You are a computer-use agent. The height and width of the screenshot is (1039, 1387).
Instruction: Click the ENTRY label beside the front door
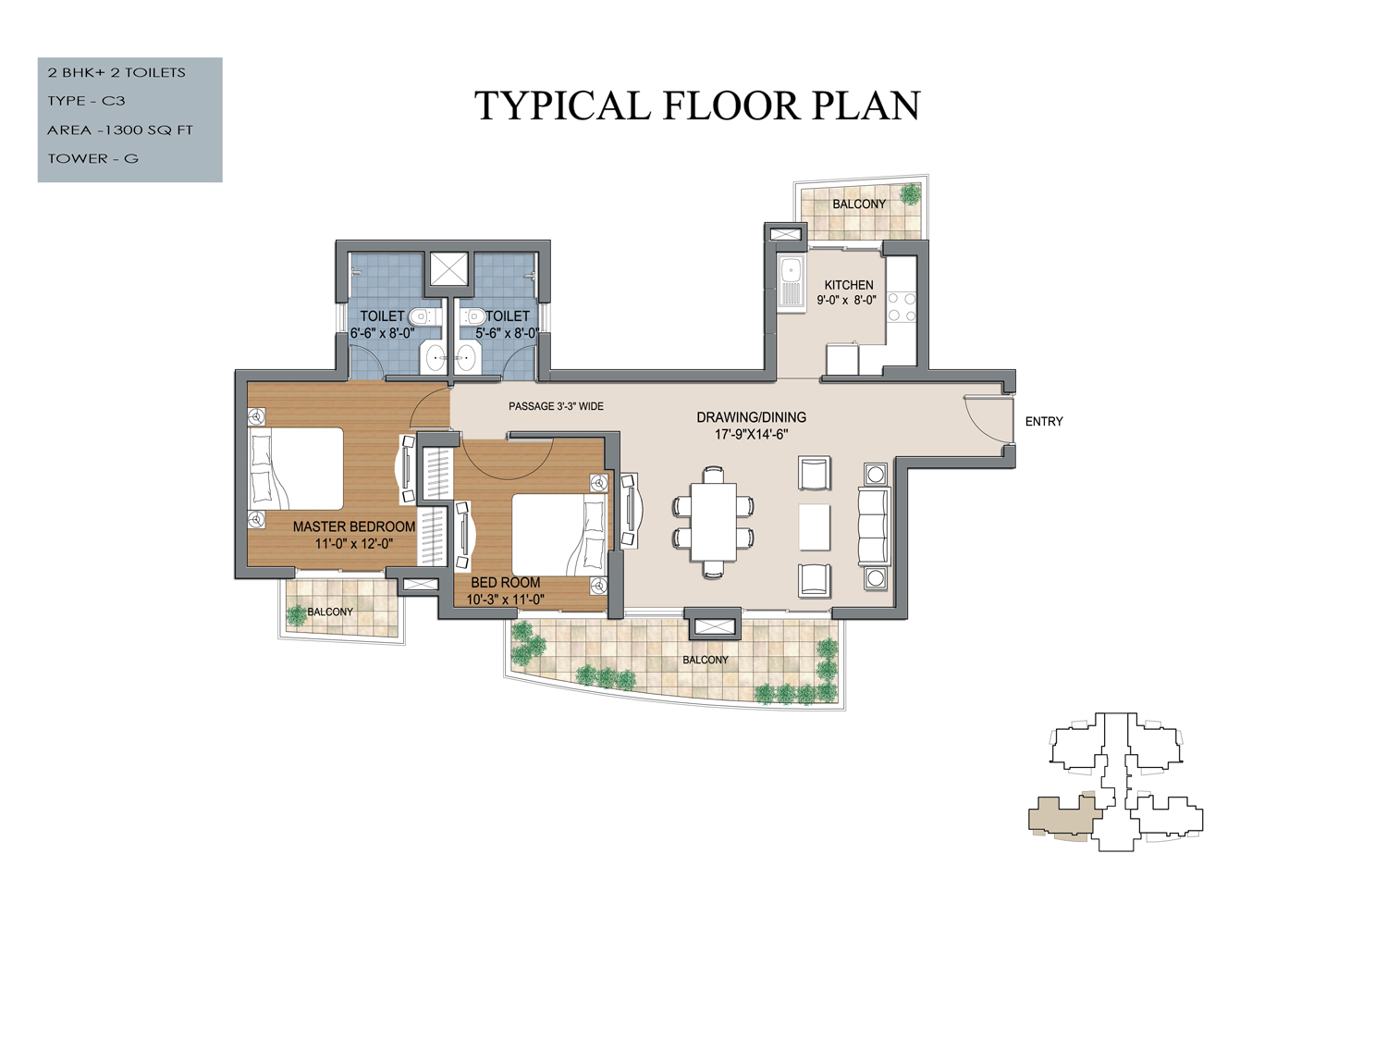click(x=1044, y=421)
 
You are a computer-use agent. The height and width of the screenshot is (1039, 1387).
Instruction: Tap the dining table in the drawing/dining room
click(x=714, y=522)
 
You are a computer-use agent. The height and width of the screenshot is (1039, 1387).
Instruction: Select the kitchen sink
click(x=792, y=283)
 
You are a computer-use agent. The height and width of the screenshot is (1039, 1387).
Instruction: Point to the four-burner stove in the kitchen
click(x=902, y=306)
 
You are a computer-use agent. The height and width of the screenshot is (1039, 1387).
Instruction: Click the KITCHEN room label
click(x=849, y=285)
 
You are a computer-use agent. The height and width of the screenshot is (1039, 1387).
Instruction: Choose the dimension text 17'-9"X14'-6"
click(x=752, y=434)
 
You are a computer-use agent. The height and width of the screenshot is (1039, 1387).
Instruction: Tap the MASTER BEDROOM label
click(x=354, y=526)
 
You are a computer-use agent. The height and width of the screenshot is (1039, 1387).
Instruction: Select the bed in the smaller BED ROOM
click(x=558, y=535)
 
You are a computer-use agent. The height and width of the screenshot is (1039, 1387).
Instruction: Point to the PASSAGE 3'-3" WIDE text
click(x=556, y=406)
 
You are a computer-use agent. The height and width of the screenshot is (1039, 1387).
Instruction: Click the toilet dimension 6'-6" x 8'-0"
click(x=382, y=333)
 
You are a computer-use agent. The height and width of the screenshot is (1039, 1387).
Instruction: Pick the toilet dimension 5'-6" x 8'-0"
click(x=507, y=333)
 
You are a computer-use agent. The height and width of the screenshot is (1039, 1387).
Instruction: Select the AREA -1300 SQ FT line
click(x=120, y=130)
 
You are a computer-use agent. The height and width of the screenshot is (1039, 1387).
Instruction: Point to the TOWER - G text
click(x=92, y=158)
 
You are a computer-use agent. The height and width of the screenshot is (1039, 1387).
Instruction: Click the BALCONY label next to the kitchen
click(x=859, y=204)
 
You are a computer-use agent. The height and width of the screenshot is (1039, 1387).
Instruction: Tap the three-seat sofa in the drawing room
click(x=873, y=526)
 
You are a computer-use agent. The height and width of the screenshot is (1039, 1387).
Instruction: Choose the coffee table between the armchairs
click(x=814, y=526)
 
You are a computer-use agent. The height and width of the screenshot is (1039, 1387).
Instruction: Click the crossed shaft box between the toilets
click(x=448, y=268)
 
